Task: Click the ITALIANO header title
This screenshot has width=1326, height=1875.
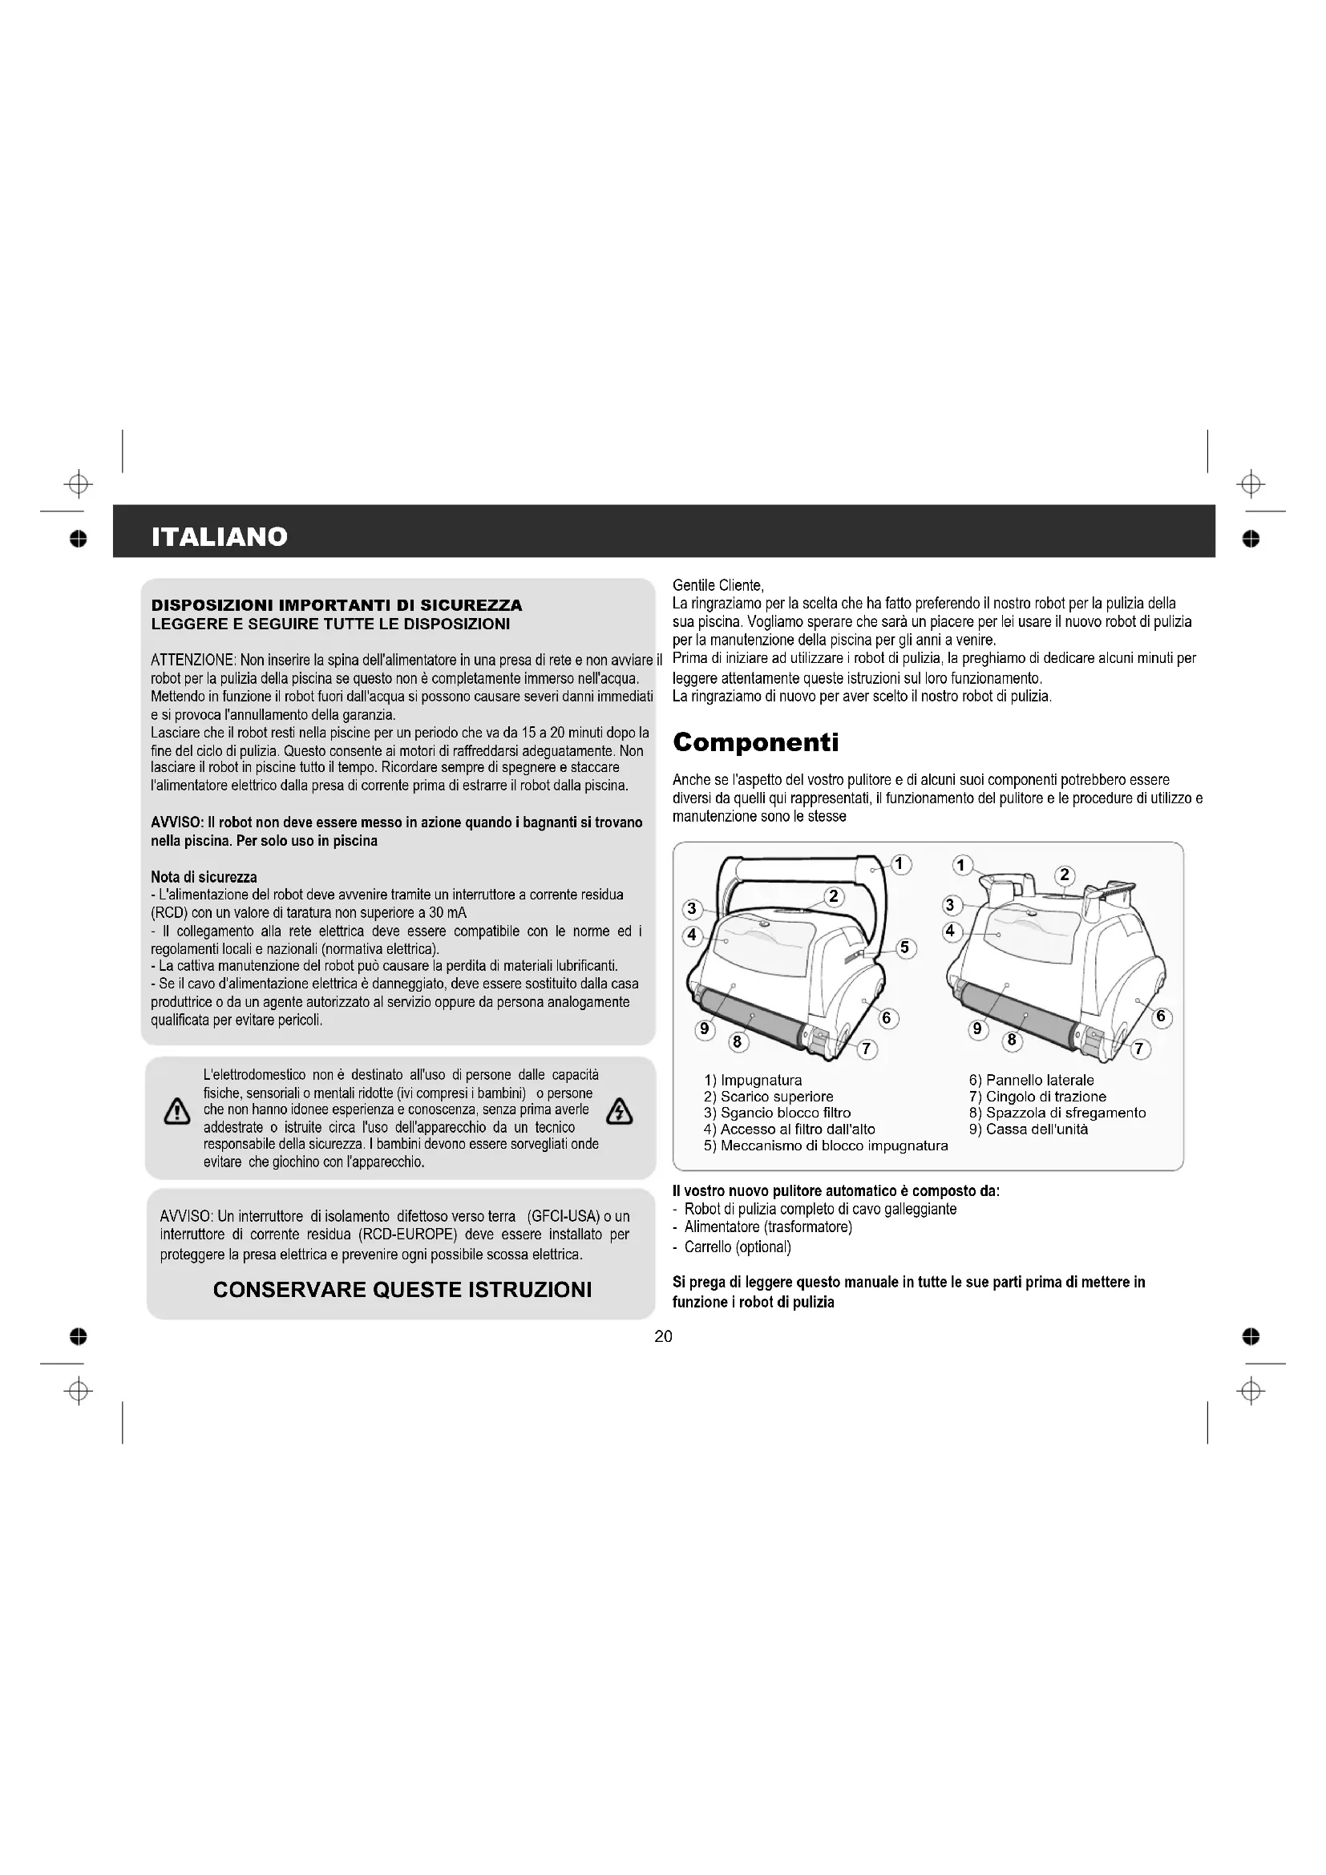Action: (220, 536)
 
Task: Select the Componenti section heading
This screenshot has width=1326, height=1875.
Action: (755, 742)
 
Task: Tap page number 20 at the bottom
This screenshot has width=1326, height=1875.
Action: (663, 1336)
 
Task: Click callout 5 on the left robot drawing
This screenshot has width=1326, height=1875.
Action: (904, 948)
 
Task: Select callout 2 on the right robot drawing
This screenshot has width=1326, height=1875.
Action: (1064, 875)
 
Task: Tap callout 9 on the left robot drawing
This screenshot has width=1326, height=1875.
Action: (704, 1029)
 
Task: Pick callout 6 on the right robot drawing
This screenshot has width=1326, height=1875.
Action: (1160, 1017)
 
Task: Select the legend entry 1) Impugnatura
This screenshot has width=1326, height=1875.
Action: (753, 1081)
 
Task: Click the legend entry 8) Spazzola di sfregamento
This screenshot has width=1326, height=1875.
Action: (1057, 1113)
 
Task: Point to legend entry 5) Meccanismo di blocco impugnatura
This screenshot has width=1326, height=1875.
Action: (826, 1146)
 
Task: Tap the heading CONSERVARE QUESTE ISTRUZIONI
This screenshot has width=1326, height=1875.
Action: (402, 1290)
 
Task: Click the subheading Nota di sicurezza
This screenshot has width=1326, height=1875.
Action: (204, 877)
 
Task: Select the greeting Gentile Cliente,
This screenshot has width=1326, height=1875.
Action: (718, 585)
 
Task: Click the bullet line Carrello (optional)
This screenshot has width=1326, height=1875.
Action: (738, 1247)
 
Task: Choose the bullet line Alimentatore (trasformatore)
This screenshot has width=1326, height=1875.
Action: (767, 1227)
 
